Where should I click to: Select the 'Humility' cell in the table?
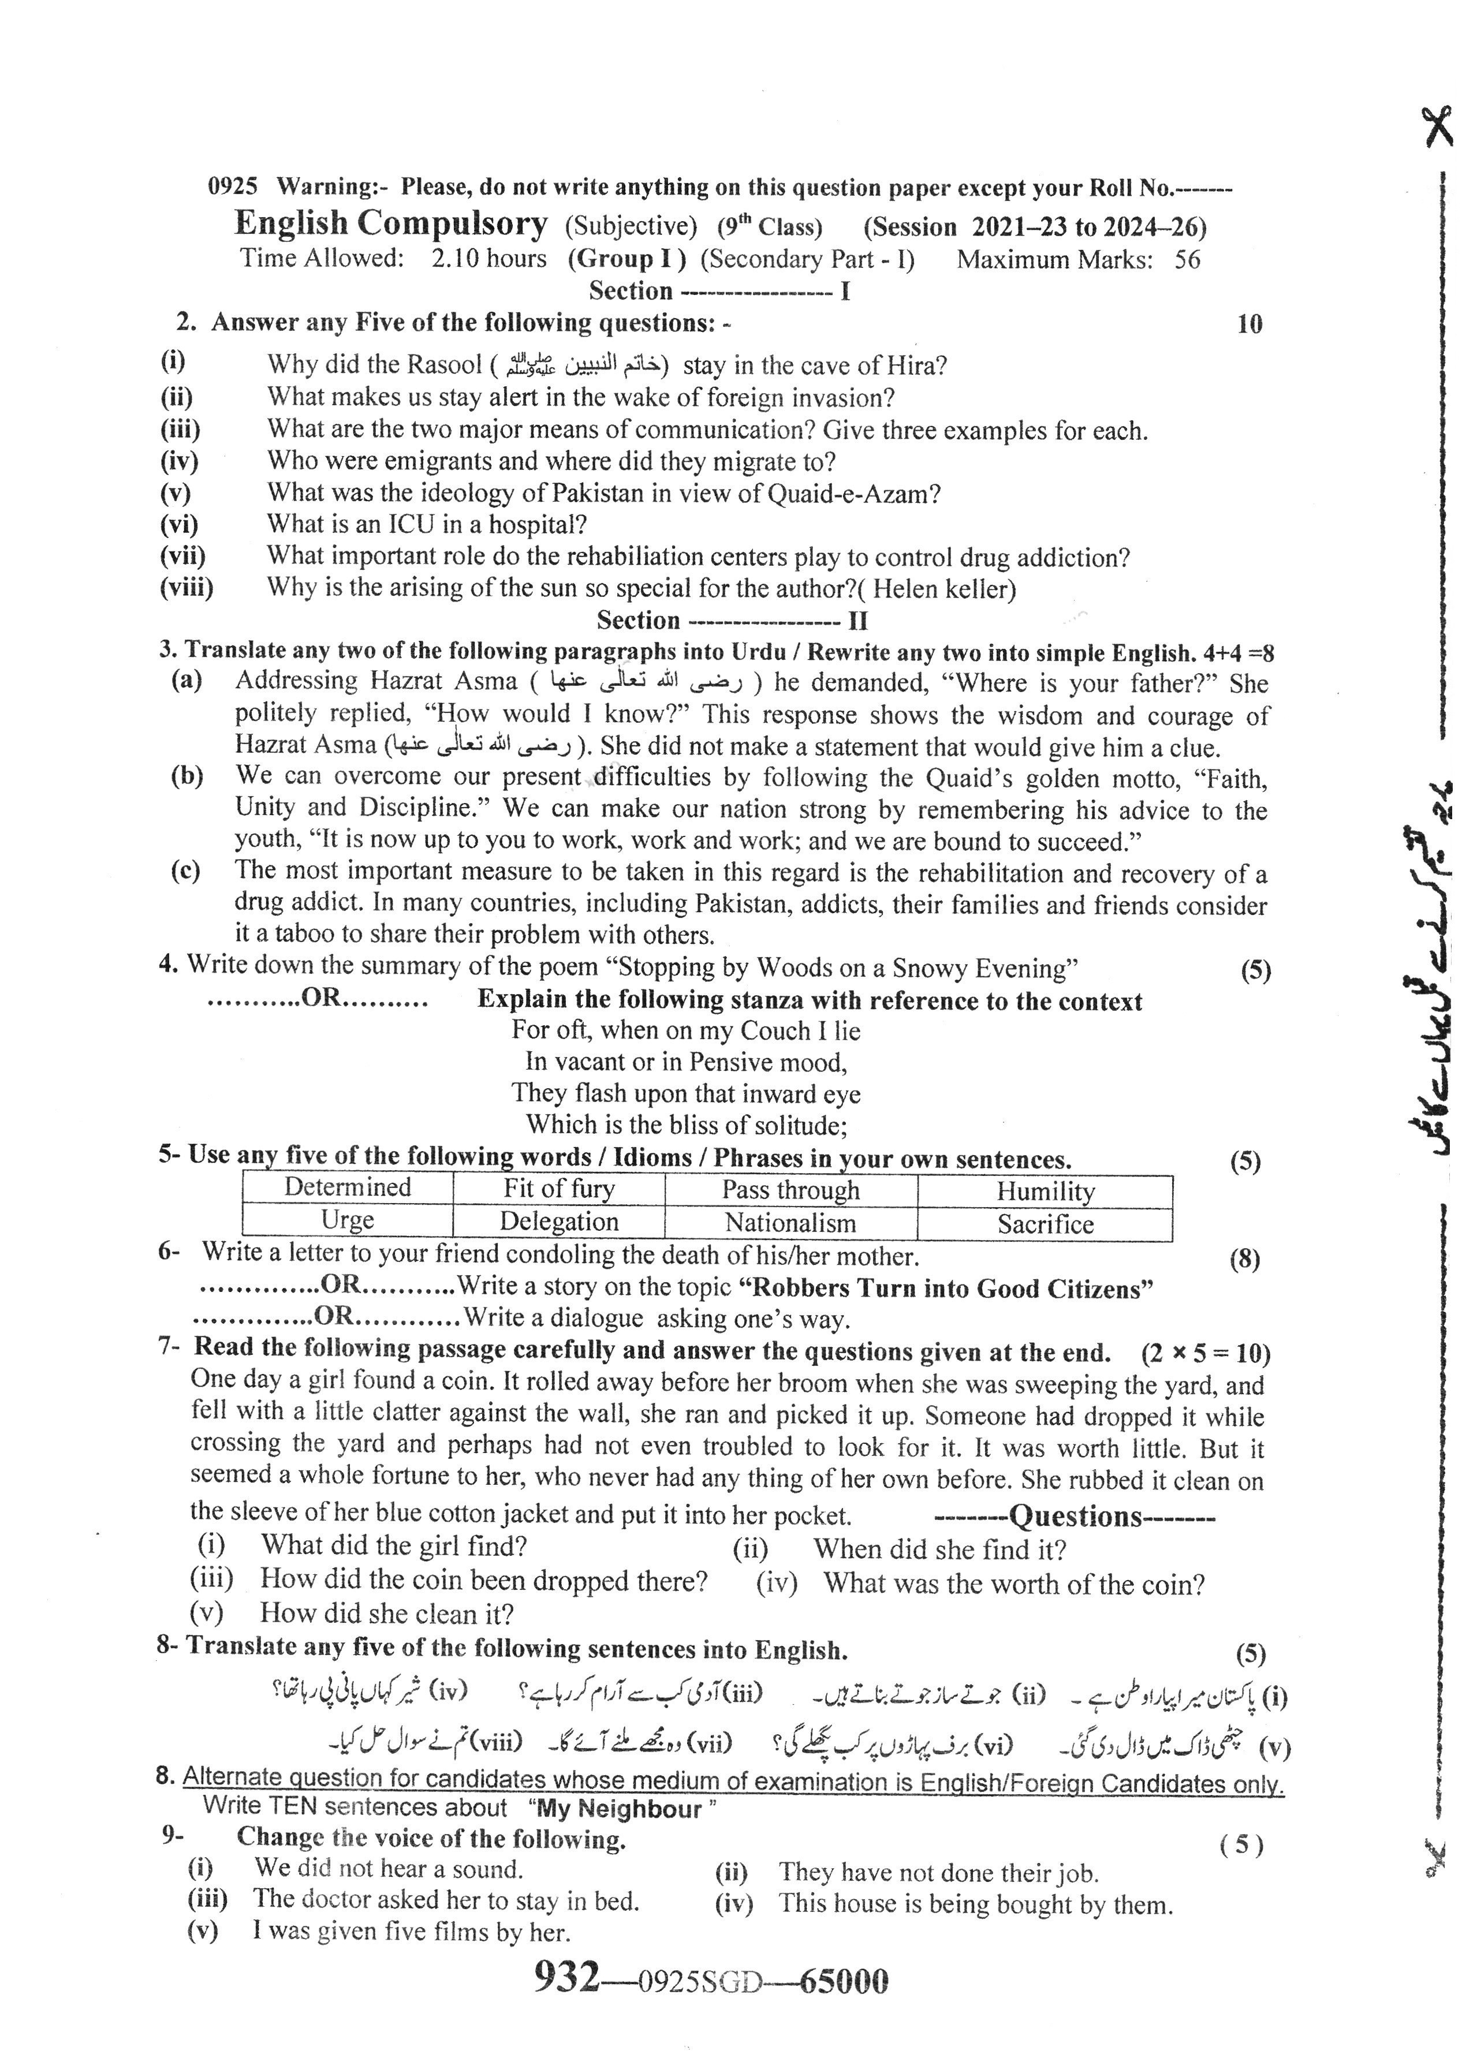1045,1192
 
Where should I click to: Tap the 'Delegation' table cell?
558,1222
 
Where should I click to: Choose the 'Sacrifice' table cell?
1045,1224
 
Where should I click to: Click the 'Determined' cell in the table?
348,1187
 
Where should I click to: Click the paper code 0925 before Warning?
232,186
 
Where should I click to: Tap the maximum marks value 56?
1187,260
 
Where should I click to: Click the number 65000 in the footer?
844,1980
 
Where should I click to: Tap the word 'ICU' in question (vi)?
412,525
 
